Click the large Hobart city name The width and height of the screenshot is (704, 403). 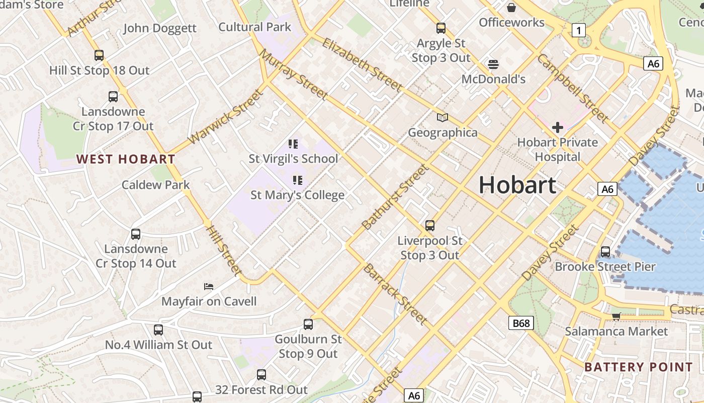pyautogui.click(x=517, y=185)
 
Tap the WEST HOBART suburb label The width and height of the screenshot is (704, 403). pyautogui.click(x=126, y=159)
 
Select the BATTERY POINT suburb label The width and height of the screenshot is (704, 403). pyautogui.click(x=638, y=367)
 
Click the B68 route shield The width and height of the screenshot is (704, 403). pyautogui.click(x=520, y=323)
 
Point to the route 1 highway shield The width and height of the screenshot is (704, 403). pyautogui.click(x=579, y=31)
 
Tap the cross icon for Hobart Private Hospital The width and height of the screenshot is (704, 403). pyautogui.click(x=557, y=127)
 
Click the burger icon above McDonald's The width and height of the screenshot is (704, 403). pyautogui.click(x=493, y=64)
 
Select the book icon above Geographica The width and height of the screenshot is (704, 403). pyautogui.click(x=443, y=117)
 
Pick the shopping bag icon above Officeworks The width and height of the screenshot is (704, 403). pyautogui.click(x=511, y=8)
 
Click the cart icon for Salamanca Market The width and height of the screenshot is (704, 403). pyautogui.click(x=616, y=316)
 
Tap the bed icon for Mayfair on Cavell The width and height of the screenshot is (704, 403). pyautogui.click(x=209, y=287)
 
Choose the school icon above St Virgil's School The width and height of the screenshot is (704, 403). pyautogui.click(x=294, y=144)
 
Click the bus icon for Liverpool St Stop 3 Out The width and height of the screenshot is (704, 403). pyautogui.click(x=430, y=225)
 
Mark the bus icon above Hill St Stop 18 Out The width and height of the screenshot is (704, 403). pyautogui.click(x=99, y=55)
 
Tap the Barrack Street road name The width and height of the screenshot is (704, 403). pyautogui.click(x=395, y=293)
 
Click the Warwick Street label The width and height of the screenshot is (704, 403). pyautogui.click(x=225, y=117)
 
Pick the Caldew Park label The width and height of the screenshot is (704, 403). pyautogui.click(x=156, y=184)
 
